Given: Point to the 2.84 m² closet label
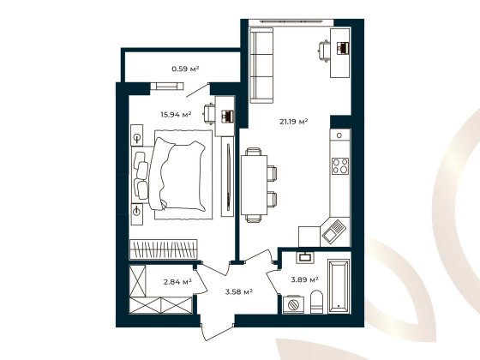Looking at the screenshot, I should (x=178, y=280).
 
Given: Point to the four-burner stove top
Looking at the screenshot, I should (x=339, y=165).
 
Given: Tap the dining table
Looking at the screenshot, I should (x=254, y=184).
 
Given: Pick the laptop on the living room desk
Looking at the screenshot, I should (x=341, y=48).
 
